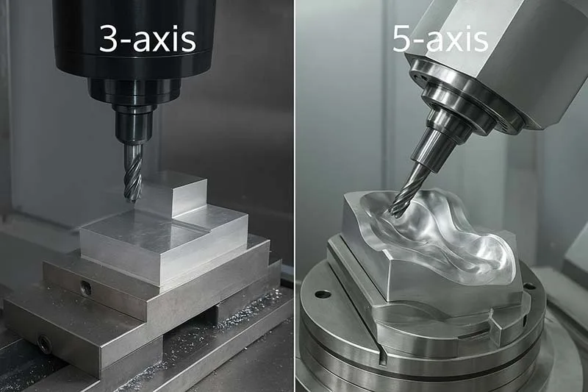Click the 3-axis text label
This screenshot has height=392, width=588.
[x=148, y=39]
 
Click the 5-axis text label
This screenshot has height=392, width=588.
[x=440, y=39]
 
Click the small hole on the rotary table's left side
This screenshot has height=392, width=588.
[x=323, y=294]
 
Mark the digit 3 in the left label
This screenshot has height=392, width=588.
[x=110, y=39]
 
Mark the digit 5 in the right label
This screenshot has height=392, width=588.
[x=403, y=39]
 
